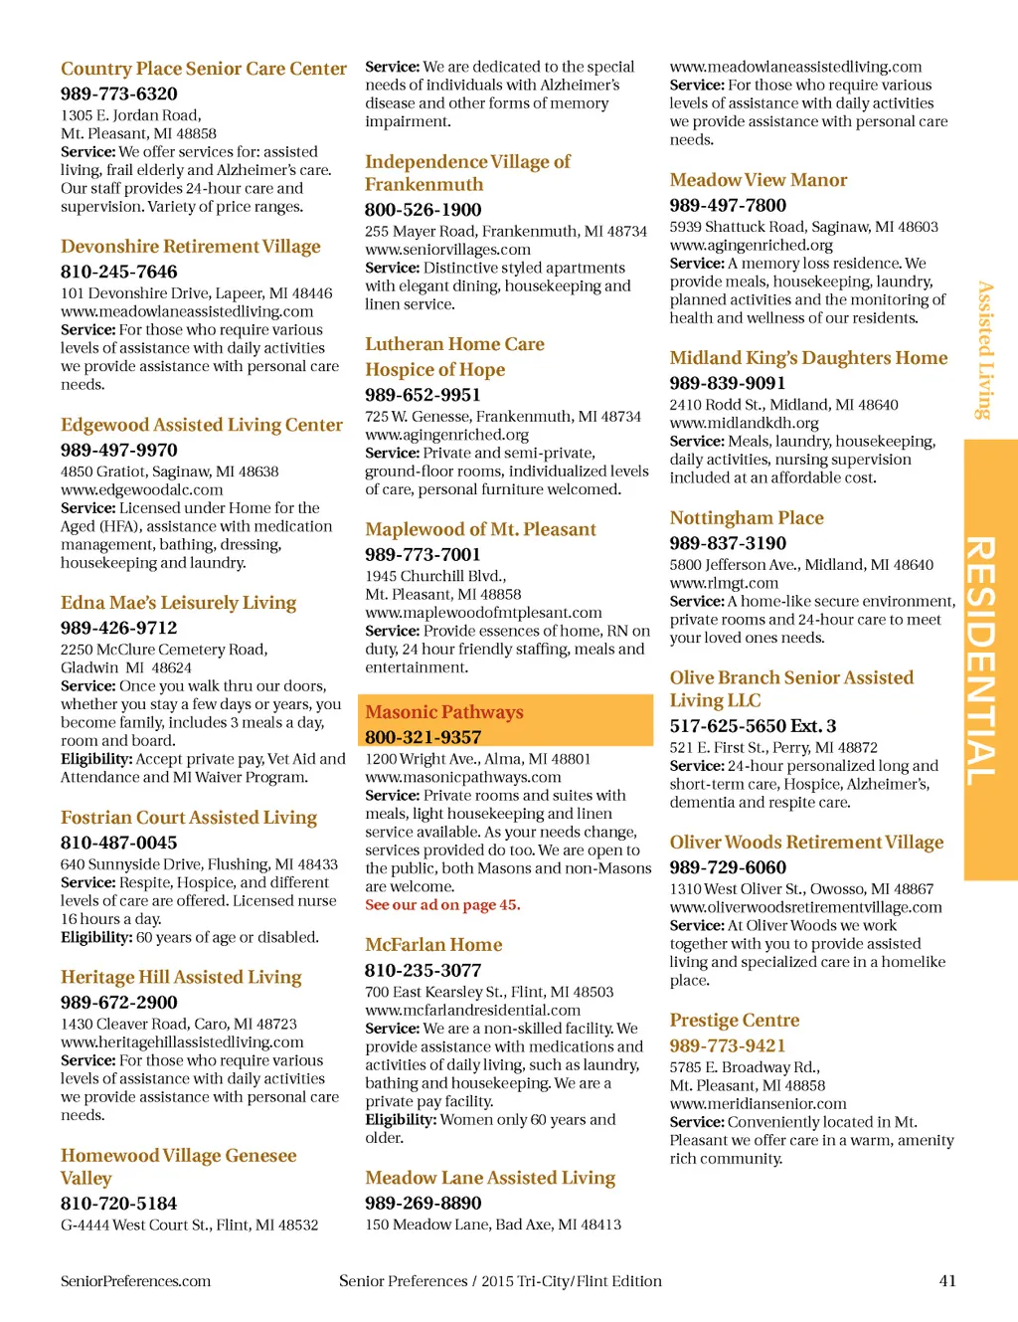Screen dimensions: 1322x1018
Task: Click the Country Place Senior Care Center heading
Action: click(204, 69)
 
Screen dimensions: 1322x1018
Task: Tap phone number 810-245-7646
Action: click(119, 272)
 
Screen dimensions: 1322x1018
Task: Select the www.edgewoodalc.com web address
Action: click(142, 489)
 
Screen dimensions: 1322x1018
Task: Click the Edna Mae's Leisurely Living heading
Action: click(179, 603)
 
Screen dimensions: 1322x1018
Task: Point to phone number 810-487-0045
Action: click(119, 843)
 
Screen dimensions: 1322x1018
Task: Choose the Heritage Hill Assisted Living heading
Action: click(181, 977)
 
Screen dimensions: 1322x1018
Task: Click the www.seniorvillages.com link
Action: click(447, 250)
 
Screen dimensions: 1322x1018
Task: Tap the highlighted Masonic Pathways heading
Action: click(444, 712)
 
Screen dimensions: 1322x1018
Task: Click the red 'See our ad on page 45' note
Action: click(442, 905)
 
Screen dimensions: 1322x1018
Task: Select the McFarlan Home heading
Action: click(433, 945)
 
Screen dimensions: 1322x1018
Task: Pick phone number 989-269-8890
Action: click(424, 1203)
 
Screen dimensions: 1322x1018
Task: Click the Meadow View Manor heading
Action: click(759, 180)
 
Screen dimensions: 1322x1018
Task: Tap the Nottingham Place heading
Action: click(747, 518)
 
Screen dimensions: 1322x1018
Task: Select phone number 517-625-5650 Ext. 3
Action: click(753, 726)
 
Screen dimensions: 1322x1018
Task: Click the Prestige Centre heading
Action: click(735, 1021)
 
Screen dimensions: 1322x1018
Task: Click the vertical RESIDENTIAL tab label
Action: click(982, 660)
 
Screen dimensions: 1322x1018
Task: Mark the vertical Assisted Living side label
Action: click(984, 350)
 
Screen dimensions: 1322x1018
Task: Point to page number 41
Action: click(947, 1281)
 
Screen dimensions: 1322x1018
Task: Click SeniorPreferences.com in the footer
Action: click(136, 1281)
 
